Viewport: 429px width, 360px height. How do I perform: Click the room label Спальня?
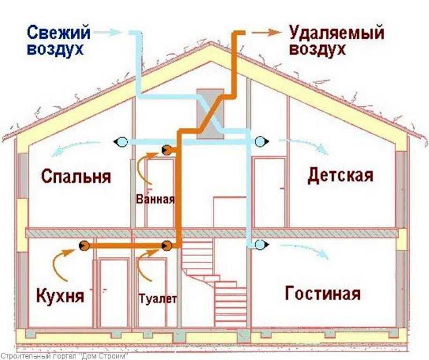click(x=76, y=177)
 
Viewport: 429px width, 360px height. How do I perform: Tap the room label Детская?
click(x=341, y=175)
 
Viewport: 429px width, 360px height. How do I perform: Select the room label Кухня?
click(x=60, y=296)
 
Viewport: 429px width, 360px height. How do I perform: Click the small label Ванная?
click(x=155, y=199)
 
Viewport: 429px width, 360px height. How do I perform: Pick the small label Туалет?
click(x=158, y=299)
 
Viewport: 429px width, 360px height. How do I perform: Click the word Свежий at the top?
click(x=58, y=32)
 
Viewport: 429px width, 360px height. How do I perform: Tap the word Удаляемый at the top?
click(x=337, y=33)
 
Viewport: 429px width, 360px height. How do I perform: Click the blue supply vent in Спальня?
click(x=120, y=142)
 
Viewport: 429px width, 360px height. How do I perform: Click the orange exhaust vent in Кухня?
click(x=84, y=246)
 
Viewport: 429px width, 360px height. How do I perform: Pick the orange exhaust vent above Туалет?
click(x=167, y=246)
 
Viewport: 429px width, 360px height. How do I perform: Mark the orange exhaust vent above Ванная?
click(x=167, y=150)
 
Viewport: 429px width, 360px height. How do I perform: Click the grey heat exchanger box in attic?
click(x=210, y=114)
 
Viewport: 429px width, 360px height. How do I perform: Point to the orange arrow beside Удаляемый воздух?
click(x=267, y=32)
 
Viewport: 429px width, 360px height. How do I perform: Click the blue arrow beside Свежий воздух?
click(x=107, y=32)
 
